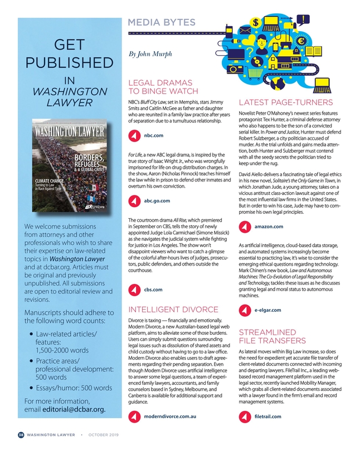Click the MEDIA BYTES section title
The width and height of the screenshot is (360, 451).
coord(162,22)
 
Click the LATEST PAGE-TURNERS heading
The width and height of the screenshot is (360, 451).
coord(285,103)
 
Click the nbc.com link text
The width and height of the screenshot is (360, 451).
coord(153,135)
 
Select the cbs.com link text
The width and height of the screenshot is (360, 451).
coord(153,290)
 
